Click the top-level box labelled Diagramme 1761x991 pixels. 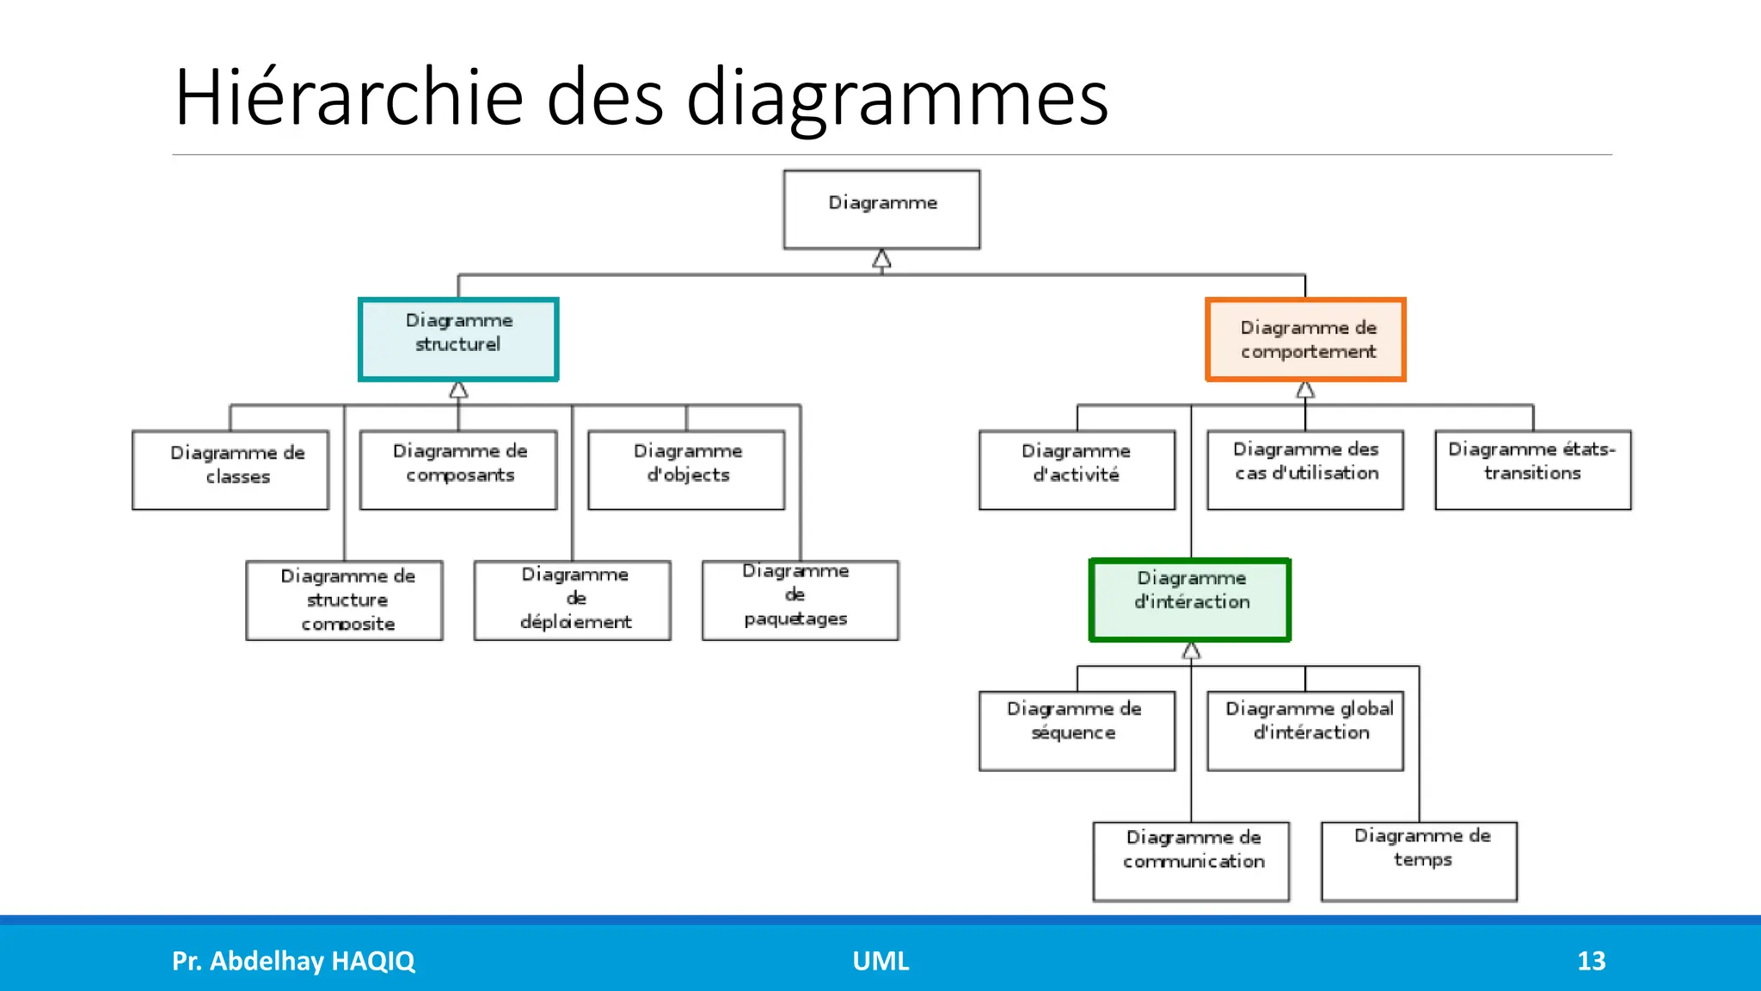[x=881, y=209]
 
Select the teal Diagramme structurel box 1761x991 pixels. [x=458, y=339]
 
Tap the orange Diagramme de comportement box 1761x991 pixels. [x=1305, y=339]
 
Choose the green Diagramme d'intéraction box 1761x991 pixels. [x=1190, y=600]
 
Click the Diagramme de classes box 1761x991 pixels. [x=230, y=470]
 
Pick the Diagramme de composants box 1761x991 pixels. [x=458, y=470]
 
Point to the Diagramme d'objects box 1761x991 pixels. [x=686, y=470]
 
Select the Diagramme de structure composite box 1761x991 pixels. [x=345, y=600]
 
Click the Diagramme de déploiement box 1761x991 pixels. [x=573, y=600]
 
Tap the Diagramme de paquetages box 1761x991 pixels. [x=801, y=600]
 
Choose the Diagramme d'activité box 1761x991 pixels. [x=1077, y=470]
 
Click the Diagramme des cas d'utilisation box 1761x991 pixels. [x=1305, y=470]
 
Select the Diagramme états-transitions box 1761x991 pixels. [x=1533, y=470]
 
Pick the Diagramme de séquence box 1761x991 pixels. [x=1077, y=730]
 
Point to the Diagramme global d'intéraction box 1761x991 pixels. [x=1305, y=730]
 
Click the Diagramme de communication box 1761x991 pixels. [x=1191, y=861]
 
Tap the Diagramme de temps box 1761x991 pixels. [x=1419, y=861]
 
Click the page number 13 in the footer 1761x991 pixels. [x=1591, y=961]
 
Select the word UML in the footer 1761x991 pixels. [x=880, y=961]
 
